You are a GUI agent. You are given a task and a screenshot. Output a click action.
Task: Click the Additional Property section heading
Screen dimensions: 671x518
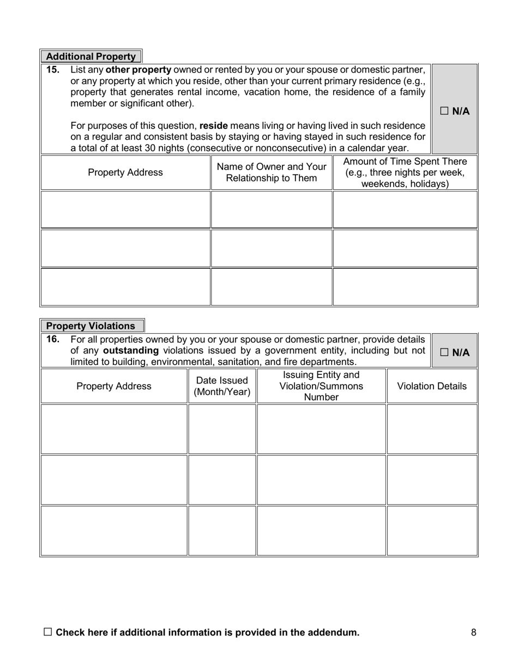point(91,57)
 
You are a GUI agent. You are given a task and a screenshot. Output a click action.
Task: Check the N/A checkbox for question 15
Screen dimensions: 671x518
point(444,111)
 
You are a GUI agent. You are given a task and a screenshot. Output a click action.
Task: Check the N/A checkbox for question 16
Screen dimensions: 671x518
point(444,352)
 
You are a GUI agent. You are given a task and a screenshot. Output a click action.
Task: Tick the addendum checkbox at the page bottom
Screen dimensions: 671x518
point(48,632)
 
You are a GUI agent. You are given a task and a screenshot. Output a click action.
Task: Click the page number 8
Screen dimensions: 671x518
point(473,633)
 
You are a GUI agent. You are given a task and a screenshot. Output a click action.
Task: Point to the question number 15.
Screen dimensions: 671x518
point(53,70)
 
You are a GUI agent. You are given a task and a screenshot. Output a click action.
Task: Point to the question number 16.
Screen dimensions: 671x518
point(53,339)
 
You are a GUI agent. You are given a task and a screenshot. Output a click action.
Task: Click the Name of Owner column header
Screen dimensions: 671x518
point(272,173)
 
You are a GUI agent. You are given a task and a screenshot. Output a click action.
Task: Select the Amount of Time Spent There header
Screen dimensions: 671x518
point(405,173)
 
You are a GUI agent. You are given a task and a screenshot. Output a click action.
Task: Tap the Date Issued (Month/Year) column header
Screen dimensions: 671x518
point(222,386)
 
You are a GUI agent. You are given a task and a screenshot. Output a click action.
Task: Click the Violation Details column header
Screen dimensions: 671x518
point(432,386)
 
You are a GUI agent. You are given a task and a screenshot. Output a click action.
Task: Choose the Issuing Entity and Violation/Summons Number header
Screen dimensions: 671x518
point(321,386)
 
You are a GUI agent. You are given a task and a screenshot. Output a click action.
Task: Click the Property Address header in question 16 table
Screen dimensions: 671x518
point(114,386)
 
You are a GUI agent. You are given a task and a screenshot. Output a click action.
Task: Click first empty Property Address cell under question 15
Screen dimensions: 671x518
point(125,209)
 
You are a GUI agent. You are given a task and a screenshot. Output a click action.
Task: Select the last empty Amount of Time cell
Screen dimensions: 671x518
point(405,287)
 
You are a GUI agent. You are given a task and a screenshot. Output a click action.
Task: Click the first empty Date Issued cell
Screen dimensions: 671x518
point(222,429)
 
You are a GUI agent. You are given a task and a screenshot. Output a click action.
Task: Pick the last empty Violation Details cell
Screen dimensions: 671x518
point(432,531)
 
